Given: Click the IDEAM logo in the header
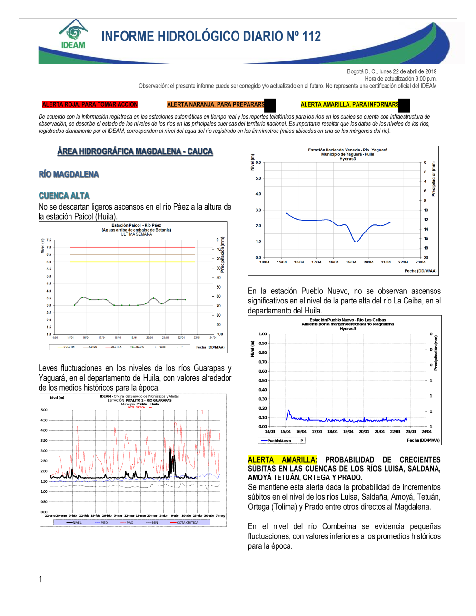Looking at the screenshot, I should pos(73,34).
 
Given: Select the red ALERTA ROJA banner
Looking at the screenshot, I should pos(89,104).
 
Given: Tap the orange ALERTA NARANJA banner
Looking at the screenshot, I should pos(216,104).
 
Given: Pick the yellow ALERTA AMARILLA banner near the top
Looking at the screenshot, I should pos(349,104).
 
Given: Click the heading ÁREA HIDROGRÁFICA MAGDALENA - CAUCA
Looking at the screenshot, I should pos(135,151).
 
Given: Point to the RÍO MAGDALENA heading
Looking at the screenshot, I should pos(69,174).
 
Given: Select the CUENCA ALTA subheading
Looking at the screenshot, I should pos(64,196).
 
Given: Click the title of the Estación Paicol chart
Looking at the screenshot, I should pos(136,225).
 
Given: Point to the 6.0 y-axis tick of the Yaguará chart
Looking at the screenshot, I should pos(258,162).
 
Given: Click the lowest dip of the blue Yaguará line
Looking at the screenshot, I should pos(356,242).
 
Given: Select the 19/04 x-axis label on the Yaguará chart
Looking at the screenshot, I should pos(351,262).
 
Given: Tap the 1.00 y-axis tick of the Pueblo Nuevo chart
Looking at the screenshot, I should pos(263,334).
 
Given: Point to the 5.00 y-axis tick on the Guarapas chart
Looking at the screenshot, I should pos(44,410).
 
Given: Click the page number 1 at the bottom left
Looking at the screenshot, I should pos(40,579).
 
